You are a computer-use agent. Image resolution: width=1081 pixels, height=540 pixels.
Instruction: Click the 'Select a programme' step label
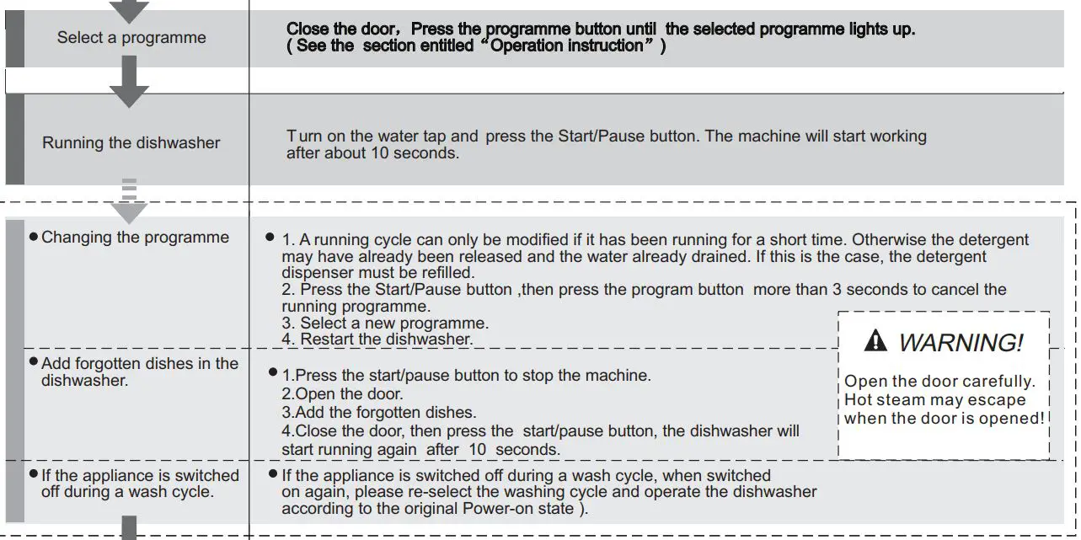pyautogui.click(x=131, y=38)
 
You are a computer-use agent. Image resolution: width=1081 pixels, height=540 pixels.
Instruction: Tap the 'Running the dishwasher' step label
pyautogui.click(x=131, y=142)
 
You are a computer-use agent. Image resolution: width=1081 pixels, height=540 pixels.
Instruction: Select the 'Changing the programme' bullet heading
pyautogui.click(x=135, y=238)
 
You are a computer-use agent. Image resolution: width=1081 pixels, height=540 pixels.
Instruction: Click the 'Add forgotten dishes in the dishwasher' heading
pyautogui.click(x=139, y=372)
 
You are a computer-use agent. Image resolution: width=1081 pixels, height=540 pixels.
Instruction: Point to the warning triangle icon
pyautogui.click(x=876, y=341)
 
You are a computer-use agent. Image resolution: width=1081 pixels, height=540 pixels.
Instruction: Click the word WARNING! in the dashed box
pyautogui.click(x=961, y=343)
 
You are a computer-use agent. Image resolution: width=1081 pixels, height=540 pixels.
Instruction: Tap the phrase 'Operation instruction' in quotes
pyautogui.click(x=567, y=46)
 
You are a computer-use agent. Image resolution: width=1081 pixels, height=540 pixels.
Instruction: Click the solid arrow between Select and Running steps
pyautogui.click(x=129, y=83)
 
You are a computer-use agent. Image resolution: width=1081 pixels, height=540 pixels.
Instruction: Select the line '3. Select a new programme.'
pyautogui.click(x=385, y=323)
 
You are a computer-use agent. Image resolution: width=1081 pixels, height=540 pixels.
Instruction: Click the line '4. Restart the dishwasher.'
pyautogui.click(x=377, y=340)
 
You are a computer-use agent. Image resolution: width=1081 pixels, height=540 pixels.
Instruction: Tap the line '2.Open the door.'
pyautogui.click(x=342, y=394)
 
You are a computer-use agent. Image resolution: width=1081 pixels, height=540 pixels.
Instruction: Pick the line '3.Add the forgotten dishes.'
pyautogui.click(x=378, y=413)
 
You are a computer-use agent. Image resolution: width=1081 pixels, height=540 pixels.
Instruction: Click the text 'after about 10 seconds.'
pyautogui.click(x=372, y=153)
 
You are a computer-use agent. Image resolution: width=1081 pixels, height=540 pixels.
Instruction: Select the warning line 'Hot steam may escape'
pyautogui.click(x=934, y=400)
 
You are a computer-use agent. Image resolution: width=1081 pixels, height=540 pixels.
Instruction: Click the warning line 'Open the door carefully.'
pyautogui.click(x=939, y=382)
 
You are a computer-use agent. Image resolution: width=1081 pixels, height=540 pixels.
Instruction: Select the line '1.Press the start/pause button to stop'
pyautogui.click(x=466, y=376)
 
